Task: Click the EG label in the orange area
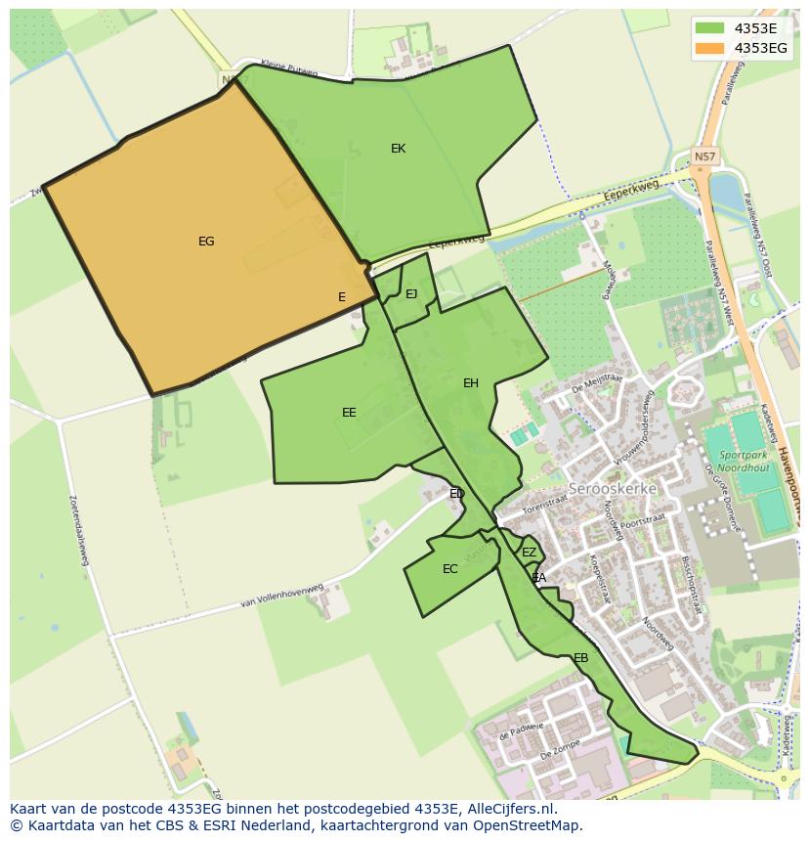pos(206,242)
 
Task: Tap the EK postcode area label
pos(398,149)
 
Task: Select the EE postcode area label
pos(349,413)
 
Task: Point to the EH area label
pos(471,383)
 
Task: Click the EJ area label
pos(411,294)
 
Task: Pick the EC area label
pos(450,569)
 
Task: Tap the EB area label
pos(581,658)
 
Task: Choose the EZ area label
pos(530,553)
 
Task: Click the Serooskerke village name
pos(613,488)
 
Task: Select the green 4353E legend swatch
pos(711,27)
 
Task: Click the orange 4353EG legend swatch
pos(711,47)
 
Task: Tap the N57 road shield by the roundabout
pos(704,156)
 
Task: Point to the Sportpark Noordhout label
pos(744,462)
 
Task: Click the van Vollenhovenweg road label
pos(280,598)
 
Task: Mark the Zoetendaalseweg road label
pos(79,529)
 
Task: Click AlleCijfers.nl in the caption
pos(509,809)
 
